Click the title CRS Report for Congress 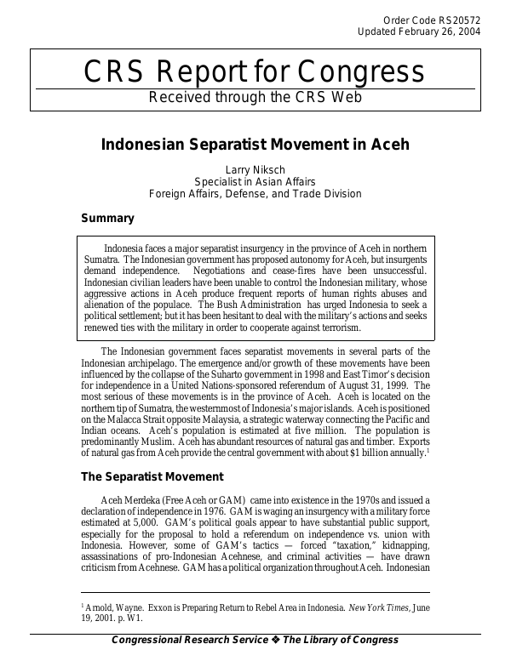[x=254, y=72]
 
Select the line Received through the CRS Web [x=255, y=97]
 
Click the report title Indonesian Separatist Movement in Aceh [x=255, y=144]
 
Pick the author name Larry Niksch [x=255, y=169]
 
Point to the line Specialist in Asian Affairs [x=255, y=181]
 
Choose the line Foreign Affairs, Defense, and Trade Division [x=255, y=193]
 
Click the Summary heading [x=107, y=219]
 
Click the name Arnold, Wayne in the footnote [x=112, y=607]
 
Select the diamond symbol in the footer [x=275, y=641]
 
